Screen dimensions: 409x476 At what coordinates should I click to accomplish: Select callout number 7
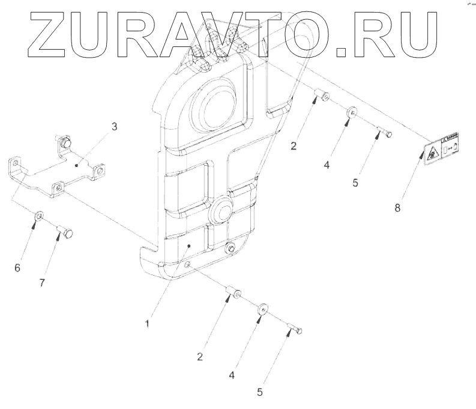pos(41,283)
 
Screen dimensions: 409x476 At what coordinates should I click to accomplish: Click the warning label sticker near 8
pos(441,150)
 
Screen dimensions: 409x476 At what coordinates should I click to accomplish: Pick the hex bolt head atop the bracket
pos(64,142)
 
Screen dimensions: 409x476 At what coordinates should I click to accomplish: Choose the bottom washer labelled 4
pos(263,311)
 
